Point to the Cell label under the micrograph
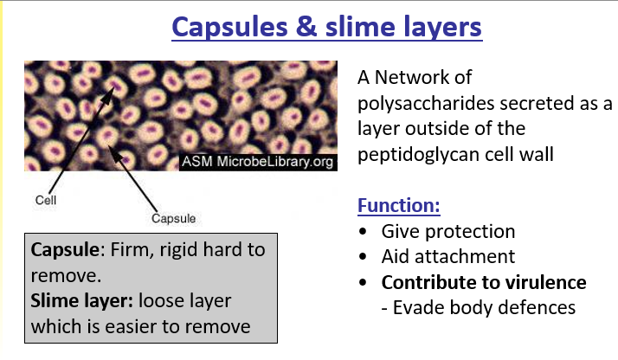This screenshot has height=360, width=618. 45,199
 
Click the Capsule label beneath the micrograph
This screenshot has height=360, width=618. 173,218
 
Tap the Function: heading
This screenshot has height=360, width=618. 399,208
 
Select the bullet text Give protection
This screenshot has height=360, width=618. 448,232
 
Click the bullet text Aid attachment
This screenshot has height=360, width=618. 448,257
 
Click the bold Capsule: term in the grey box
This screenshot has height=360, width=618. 62,251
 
